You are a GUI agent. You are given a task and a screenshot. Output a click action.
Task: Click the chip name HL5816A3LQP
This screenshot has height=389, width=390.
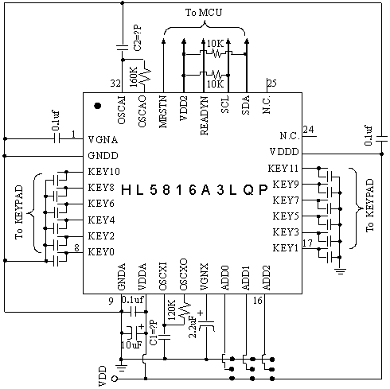coord(194,190)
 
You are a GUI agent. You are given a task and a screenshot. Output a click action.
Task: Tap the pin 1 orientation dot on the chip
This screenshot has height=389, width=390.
coord(98,106)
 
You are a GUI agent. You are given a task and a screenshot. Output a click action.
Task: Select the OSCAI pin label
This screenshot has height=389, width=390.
coord(121,110)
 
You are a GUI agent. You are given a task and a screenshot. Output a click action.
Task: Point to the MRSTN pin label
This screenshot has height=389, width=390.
coord(163,111)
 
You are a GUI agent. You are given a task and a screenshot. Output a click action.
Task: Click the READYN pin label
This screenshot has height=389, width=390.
coord(205,115)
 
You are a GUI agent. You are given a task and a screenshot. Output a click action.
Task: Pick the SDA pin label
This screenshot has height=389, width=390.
coord(246,105)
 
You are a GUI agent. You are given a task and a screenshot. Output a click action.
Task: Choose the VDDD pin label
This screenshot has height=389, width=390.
coord(284,152)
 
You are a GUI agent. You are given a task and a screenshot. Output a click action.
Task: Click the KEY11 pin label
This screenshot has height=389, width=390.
coord(283,169)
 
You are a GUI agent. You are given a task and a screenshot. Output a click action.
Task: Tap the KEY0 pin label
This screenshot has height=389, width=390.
coord(101,251)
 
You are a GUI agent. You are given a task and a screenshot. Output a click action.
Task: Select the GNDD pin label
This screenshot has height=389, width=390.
coord(103,156)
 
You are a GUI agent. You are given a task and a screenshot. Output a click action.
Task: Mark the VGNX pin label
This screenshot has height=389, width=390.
coord(205,277)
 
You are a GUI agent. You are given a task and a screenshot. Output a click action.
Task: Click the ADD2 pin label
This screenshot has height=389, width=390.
coord(266,278)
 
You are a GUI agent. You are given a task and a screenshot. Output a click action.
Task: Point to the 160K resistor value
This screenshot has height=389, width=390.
coord(134,77)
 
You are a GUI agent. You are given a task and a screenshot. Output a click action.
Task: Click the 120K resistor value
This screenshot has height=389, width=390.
coord(172,309)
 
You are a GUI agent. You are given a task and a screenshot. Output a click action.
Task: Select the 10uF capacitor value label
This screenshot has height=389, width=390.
coord(131,344)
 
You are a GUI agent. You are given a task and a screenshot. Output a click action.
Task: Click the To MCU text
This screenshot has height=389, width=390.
coord(204,13)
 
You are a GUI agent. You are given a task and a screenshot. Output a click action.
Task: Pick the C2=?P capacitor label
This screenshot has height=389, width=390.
coord(138,38)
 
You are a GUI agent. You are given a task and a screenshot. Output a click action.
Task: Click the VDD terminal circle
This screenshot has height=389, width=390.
coord(115,379)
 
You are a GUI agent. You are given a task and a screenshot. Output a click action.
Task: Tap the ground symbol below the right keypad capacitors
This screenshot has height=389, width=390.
coord(340,271)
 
